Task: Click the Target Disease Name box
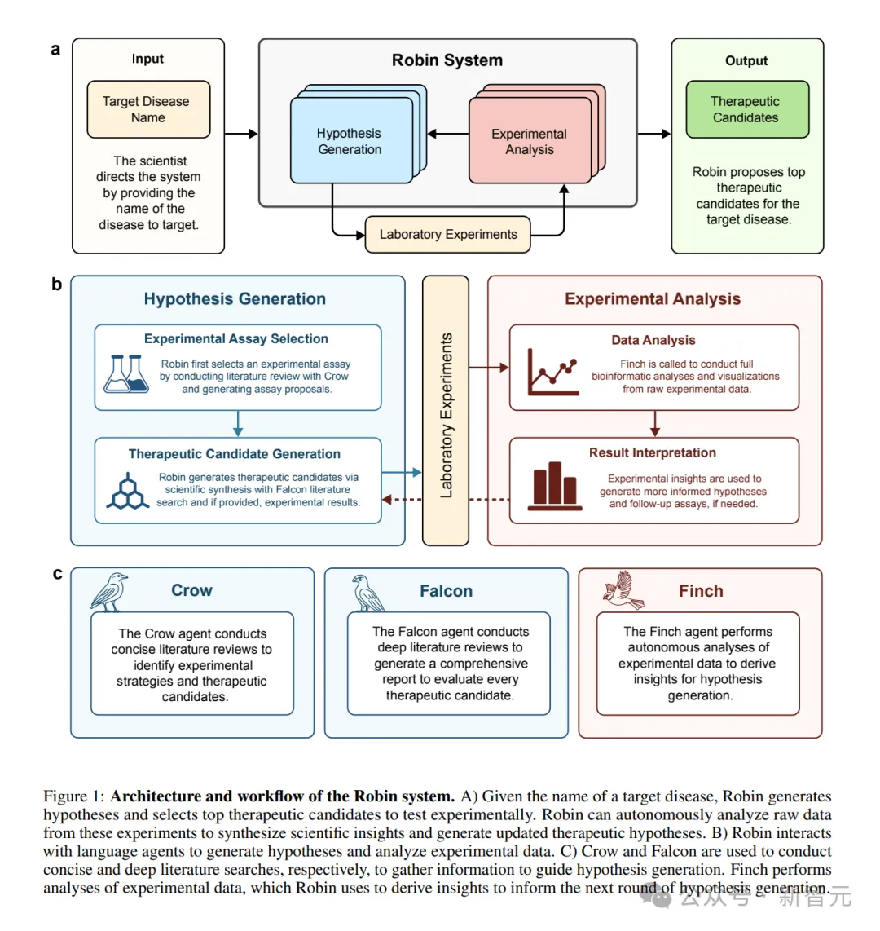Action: coord(148,109)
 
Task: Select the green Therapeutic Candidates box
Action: coord(746,109)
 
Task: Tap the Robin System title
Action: coord(447,60)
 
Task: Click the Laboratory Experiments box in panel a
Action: coord(447,234)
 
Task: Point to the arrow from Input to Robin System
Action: coord(241,134)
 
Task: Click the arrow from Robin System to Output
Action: coord(653,134)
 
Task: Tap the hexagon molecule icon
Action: coord(127,491)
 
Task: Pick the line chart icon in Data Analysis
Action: coord(553,372)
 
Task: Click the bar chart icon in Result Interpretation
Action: coord(555,487)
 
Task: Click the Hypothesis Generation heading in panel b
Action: coord(235,299)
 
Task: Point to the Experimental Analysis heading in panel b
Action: coord(653,299)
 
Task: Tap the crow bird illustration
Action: coord(111,592)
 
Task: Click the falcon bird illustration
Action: coord(368,593)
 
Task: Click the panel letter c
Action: coord(57,574)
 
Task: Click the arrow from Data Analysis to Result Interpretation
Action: coord(654,424)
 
